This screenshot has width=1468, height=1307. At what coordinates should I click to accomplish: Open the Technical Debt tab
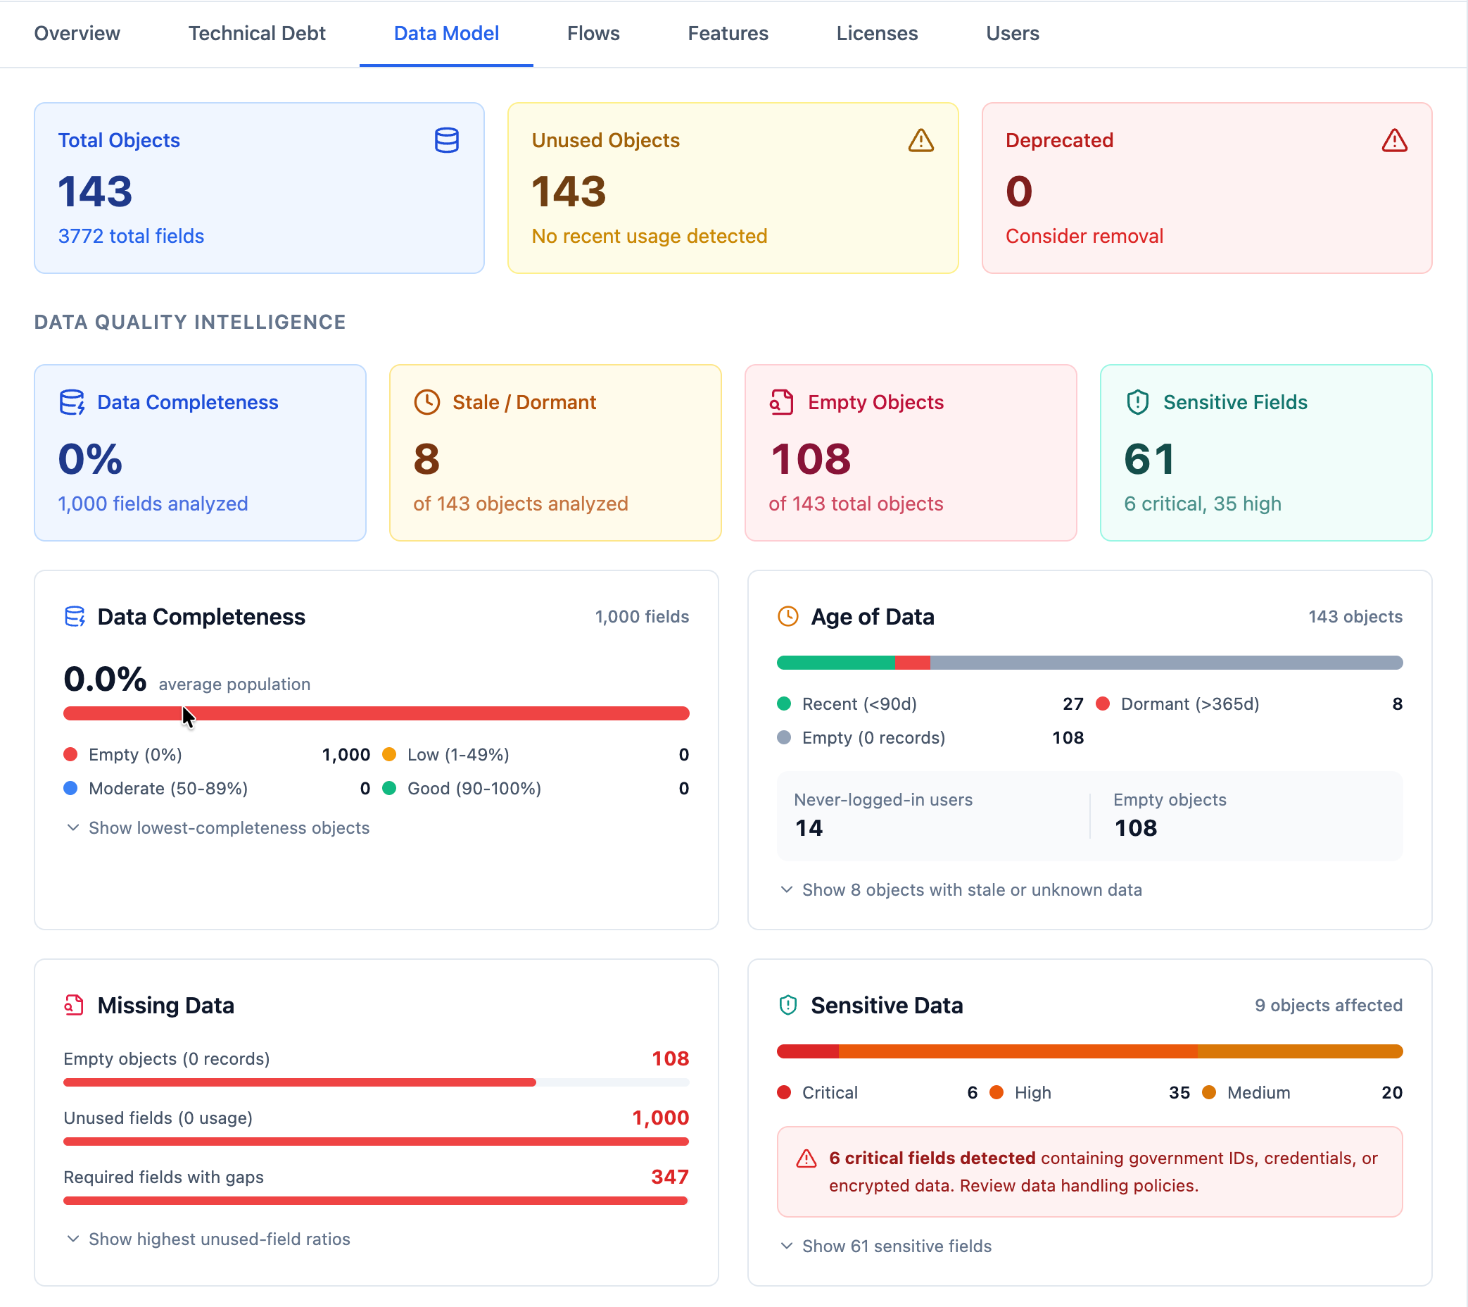[x=256, y=33]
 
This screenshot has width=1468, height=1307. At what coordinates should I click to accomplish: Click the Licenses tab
[x=876, y=33]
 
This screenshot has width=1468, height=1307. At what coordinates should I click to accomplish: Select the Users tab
[x=1012, y=33]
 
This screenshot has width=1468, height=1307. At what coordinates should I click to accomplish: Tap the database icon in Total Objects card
[x=446, y=140]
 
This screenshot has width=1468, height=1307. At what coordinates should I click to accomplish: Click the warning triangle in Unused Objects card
[x=920, y=140]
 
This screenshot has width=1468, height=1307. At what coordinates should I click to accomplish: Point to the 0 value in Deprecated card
[x=1018, y=192]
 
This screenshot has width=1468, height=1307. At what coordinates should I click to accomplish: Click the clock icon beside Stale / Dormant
[x=426, y=402]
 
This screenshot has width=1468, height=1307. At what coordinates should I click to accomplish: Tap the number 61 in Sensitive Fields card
[x=1149, y=459]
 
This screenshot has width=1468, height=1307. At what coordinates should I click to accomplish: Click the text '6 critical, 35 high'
[x=1201, y=504]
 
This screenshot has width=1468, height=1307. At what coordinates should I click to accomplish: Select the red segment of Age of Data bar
[x=911, y=663]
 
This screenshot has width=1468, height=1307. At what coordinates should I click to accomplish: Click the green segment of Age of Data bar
[x=835, y=663]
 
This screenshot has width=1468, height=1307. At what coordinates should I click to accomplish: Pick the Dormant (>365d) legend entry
[x=1189, y=704]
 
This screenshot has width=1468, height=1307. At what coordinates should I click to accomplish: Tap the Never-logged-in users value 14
[x=809, y=827]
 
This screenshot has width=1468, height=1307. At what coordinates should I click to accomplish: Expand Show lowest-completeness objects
[x=228, y=827]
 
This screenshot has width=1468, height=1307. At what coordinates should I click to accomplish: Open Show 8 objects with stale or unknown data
[x=970, y=889]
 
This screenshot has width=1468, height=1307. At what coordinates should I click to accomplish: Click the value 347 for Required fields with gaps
[x=669, y=1177]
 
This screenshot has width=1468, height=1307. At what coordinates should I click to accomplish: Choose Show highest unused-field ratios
[x=218, y=1239]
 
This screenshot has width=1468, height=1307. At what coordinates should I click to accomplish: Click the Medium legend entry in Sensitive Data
[x=1258, y=1093]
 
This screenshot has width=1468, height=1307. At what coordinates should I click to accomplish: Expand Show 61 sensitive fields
[x=896, y=1246]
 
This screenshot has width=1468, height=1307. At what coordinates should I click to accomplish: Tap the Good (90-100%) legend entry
[x=474, y=789]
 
